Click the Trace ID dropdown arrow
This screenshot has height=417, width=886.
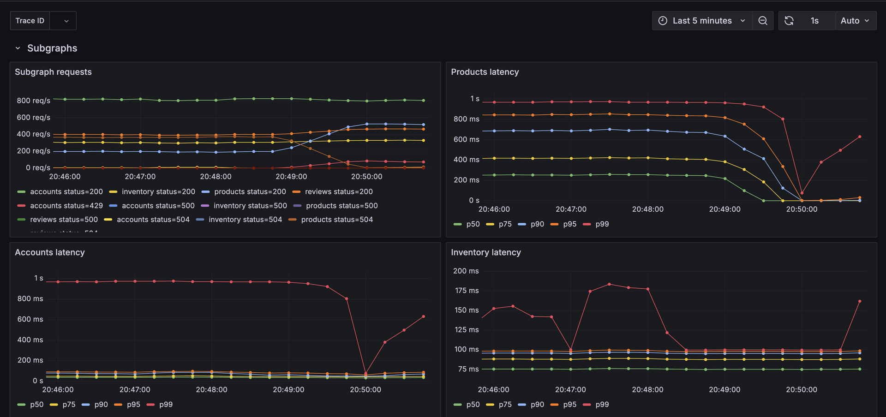coord(66,21)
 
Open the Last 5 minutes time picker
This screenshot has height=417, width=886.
coord(701,21)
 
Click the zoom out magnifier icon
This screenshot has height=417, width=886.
coord(763,21)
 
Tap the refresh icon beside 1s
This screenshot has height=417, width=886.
coord(789,21)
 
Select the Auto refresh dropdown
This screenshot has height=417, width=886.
coord(855,21)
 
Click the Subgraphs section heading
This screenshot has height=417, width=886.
coord(52,48)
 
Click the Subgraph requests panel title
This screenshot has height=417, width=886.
coord(53,72)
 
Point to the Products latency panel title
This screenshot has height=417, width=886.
coord(485,72)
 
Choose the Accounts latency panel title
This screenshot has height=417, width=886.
coord(50,252)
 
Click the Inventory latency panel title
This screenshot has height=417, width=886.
coord(485,252)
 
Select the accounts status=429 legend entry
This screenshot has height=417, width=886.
coord(66,206)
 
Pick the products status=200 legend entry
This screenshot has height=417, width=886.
coord(250,191)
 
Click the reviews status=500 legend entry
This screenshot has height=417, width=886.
coord(64,220)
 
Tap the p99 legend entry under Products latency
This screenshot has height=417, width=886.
coord(602,224)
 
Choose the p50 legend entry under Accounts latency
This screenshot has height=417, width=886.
coord(36,405)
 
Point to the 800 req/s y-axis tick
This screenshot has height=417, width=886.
coord(33,101)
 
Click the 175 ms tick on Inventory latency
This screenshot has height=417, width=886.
coord(467,291)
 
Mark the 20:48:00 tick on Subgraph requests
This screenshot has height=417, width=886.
coord(216,177)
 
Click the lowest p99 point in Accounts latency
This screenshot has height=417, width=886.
coord(365,374)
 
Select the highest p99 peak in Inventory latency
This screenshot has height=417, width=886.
coord(610,284)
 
